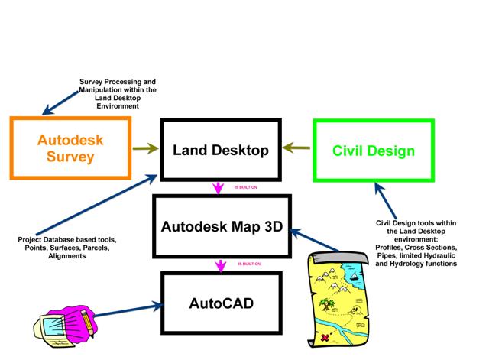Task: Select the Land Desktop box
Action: click(x=219, y=150)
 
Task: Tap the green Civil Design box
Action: click(x=374, y=150)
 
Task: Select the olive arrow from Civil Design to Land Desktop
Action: click(x=297, y=150)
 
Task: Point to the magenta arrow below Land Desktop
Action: click(x=220, y=187)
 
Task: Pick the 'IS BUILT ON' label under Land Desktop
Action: click(x=245, y=186)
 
